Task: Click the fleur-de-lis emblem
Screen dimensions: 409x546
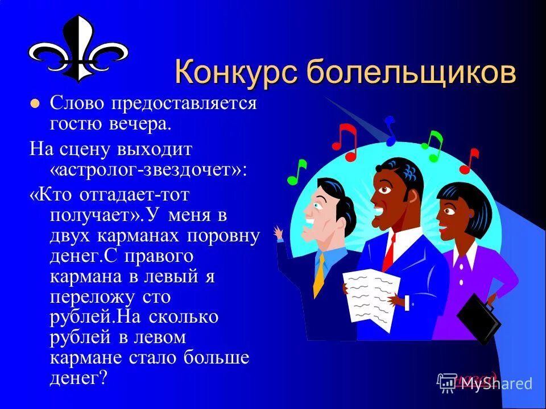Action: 78,48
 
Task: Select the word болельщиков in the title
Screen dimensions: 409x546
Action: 409,74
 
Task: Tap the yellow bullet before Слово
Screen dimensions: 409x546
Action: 35,104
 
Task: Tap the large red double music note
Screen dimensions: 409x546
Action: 345,141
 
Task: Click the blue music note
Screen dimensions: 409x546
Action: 390,129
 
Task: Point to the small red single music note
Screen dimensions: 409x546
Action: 469,160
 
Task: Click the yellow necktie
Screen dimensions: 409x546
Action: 319,275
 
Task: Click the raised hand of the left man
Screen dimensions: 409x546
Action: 278,233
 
